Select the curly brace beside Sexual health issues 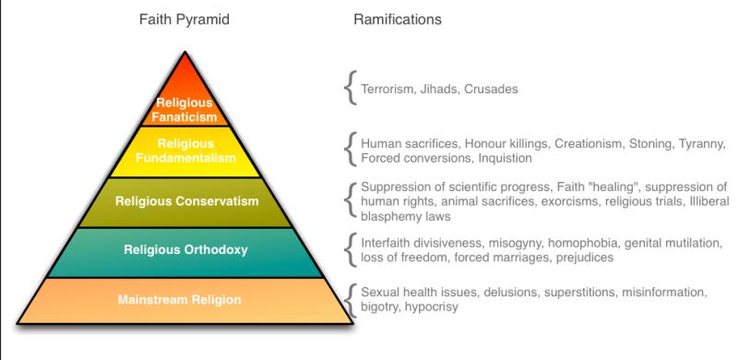click(x=349, y=300)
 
